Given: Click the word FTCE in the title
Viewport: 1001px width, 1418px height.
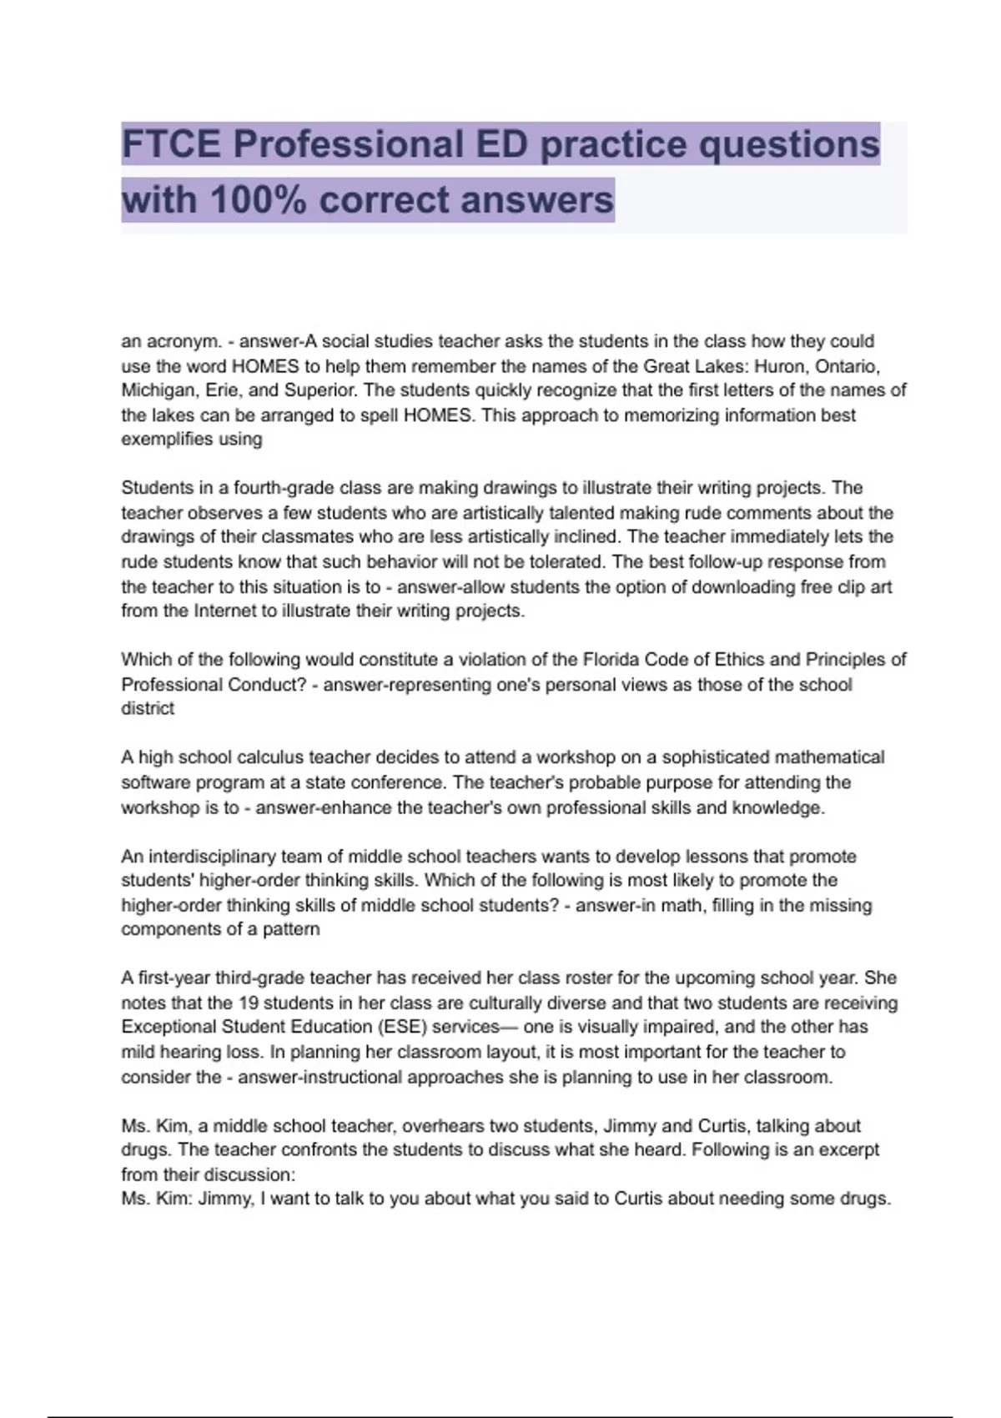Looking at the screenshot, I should tap(172, 144).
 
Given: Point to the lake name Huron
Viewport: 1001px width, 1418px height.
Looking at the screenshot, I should tap(780, 366).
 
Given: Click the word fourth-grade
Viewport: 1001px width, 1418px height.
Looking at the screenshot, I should tap(287, 488).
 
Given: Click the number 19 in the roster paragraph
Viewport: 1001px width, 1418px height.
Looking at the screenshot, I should tap(249, 1003).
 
